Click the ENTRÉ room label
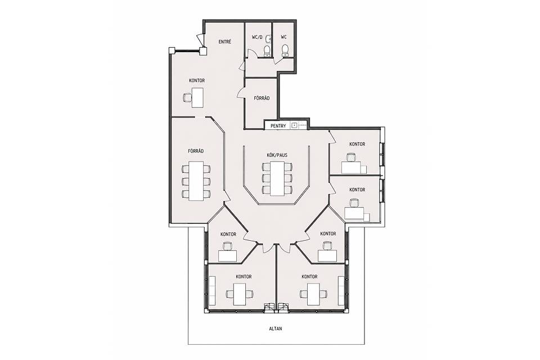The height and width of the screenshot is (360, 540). click(x=225, y=42)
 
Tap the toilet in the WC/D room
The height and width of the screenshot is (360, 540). click(x=267, y=51)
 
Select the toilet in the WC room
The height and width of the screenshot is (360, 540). click(x=285, y=51)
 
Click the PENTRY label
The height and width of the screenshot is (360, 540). click(x=278, y=126)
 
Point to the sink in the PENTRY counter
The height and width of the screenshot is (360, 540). click(x=294, y=125)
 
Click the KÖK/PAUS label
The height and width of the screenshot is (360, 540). click(x=277, y=155)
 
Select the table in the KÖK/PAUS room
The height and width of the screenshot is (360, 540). click(x=277, y=178)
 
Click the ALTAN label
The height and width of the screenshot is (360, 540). click(x=276, y=328)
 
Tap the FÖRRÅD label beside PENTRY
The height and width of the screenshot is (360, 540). click(x=262, y=98)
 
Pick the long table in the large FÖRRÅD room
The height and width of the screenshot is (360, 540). click(x=196, y=181)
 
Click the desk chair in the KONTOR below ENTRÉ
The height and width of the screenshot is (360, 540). click(x=187, y=97)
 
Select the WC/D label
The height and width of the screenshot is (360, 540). click(x=257, y=37)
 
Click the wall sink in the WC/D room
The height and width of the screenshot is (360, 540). click(x=269, y=39)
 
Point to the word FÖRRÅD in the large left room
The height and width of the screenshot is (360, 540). click(x=196, y=151)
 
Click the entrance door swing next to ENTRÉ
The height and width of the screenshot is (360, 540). click(x=200, y=40)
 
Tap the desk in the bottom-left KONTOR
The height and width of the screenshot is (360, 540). click(x=240, y=294)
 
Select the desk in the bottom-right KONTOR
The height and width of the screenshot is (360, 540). click(x=313, y=294)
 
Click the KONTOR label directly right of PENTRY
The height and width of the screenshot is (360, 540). click(x=357, y=145)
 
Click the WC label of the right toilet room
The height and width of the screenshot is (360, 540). click(x=283, y=37)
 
